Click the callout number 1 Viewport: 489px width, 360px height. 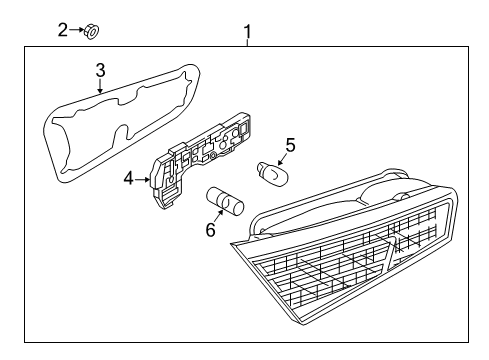coord(247,32)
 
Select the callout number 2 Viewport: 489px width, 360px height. coord(63,30)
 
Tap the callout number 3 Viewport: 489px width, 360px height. coord(100,71)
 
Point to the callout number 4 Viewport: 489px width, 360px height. coord(129,179)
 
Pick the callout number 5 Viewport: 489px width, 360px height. coord(291,145)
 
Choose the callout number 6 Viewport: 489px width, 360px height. coord(210,230)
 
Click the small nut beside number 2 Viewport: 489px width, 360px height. coord(92,31)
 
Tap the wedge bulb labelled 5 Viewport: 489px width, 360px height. coord(272,174)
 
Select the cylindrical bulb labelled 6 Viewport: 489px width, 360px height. coord(225,201)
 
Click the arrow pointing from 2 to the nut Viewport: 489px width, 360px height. coord(77,30)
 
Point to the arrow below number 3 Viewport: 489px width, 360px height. coord(100,86)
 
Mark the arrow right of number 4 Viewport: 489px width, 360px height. coord(143,180)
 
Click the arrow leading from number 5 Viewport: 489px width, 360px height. coord(282,159)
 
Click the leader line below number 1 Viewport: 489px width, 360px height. coord(247,43)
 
